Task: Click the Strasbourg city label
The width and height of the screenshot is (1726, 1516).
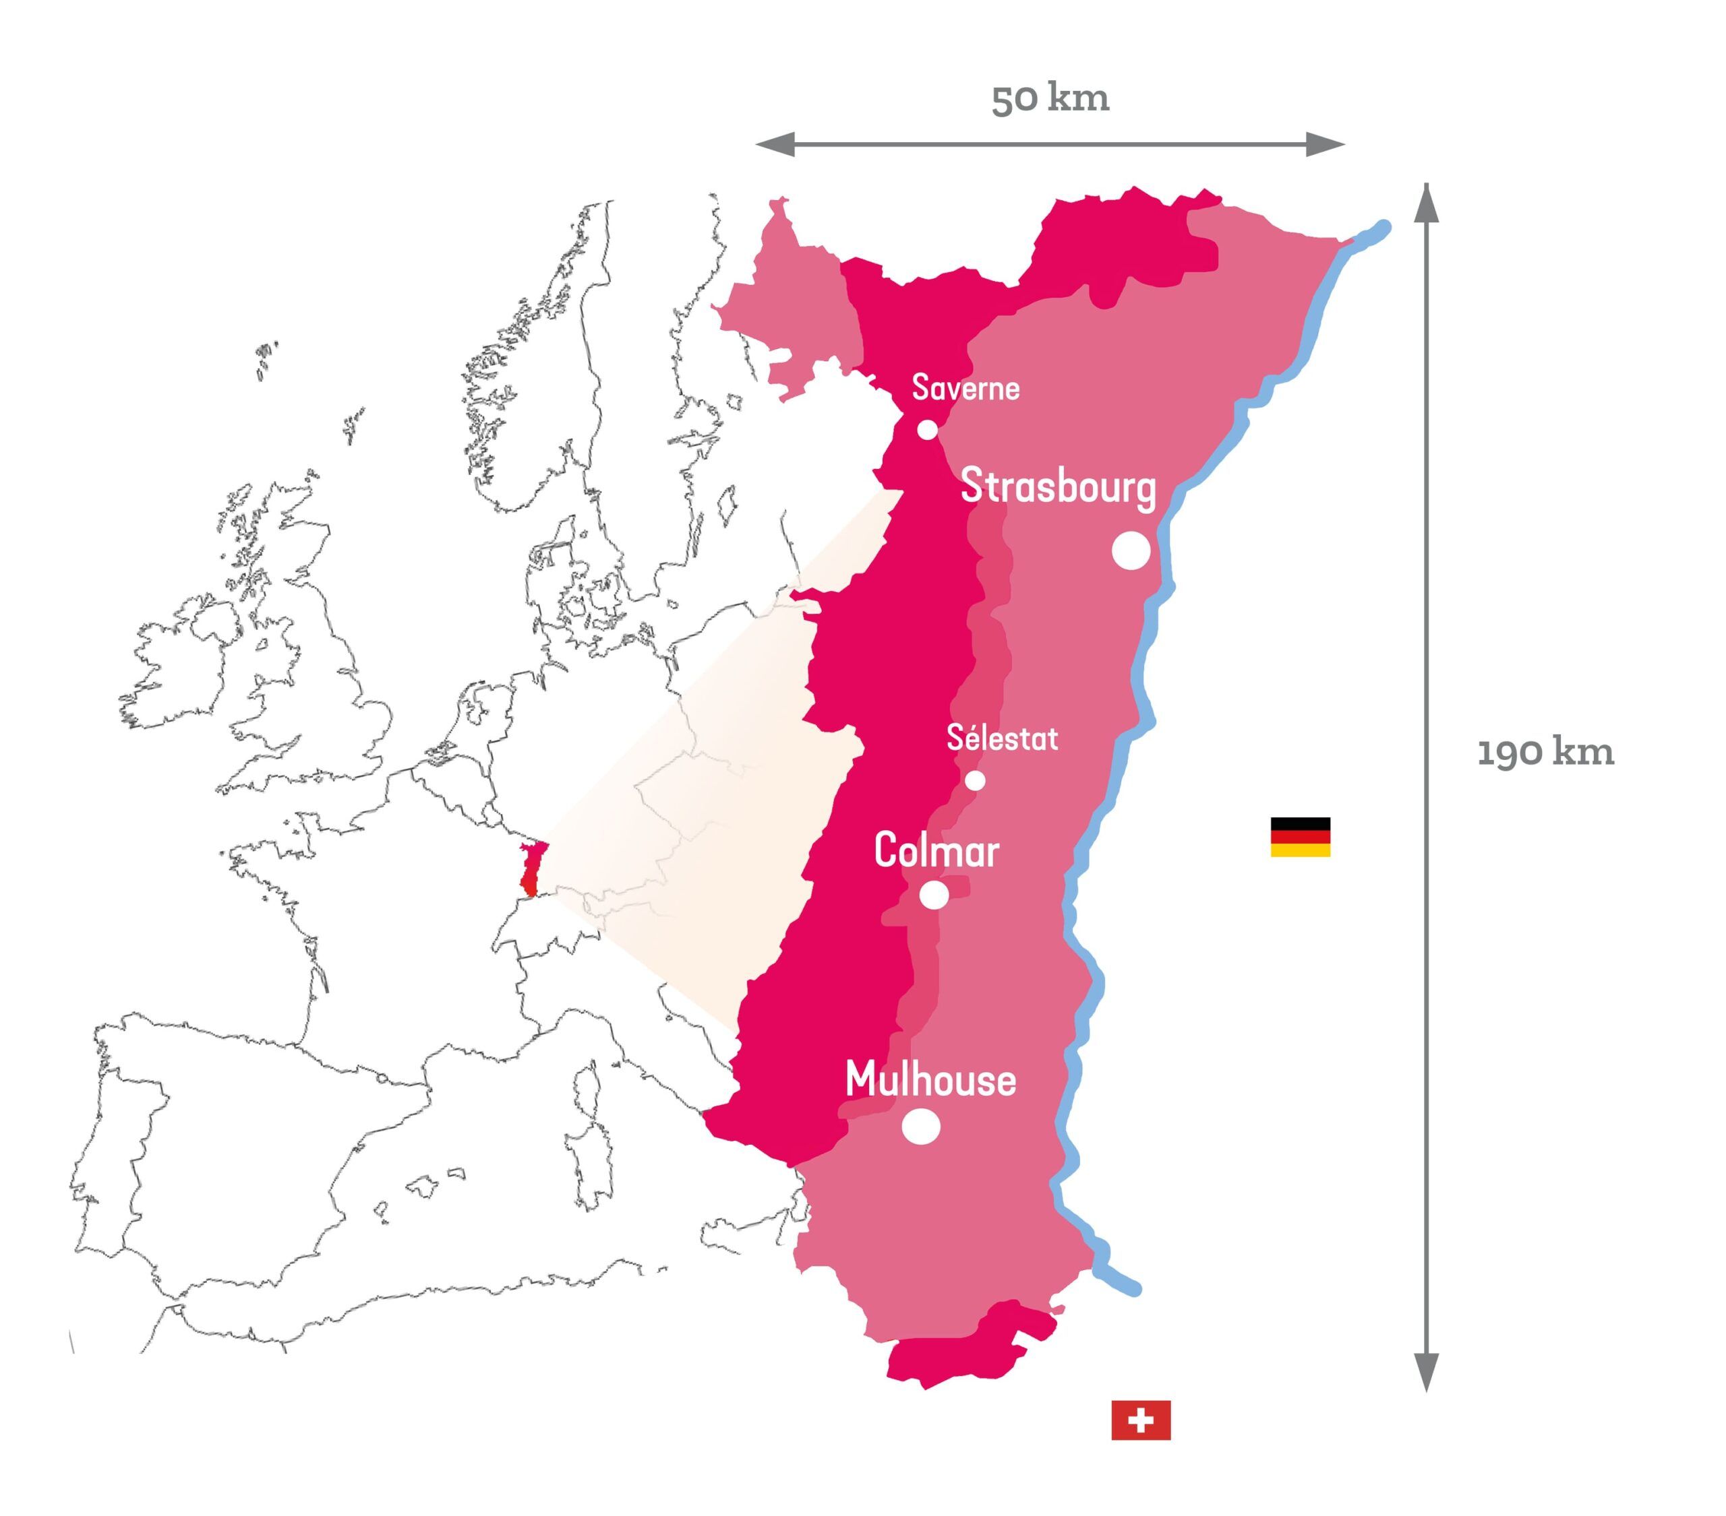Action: pos(1058,488)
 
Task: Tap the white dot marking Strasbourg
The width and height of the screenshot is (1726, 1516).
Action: pos(1131,550)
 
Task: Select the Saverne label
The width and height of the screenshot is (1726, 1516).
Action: pos(965,388)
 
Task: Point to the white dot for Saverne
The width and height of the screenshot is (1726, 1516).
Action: pos(927,430)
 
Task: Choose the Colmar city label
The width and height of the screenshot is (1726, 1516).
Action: pos(936,851)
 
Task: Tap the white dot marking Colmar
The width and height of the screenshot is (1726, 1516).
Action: pos(933,895)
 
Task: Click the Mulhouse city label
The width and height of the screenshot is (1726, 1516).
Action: pos(930,1081)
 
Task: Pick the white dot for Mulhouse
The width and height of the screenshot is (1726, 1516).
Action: pos(920,1126)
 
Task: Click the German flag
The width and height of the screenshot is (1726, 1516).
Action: pos(1300,837)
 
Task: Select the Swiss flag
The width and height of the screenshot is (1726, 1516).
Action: pos(1140,1420)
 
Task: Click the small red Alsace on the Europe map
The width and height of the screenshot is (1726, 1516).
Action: pos(531,868)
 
